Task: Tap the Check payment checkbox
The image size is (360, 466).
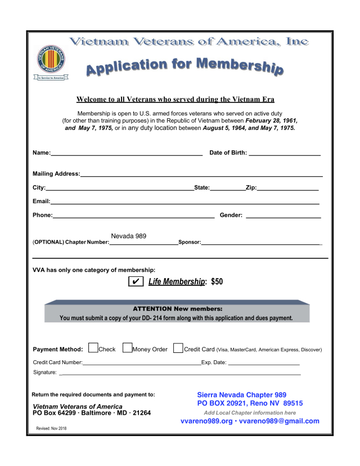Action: pyautogui.click(x=93, y=348)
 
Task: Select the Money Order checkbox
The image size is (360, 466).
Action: pyautogui.click(x=127, y=348)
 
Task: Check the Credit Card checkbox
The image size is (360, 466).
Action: pyautogui.click(x=178, y=348)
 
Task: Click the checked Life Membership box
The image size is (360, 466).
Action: pyautogui.click(x=136, y=281)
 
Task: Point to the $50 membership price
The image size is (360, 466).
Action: pyautogui.click(x=217, y=281)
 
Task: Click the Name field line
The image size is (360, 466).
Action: pyautogui.click(x=127, y=153)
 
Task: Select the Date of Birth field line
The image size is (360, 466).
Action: pyautogui.click(x=284, y=153)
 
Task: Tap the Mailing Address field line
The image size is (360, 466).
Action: pyautogui.click(x=201, y=175)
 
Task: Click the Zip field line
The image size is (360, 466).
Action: pyautogui.click(x=288, y=189)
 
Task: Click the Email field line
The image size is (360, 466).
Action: pyautogui.click(x=185, y=202)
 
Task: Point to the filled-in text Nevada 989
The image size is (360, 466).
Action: pyautogui.click(x=129, y=236)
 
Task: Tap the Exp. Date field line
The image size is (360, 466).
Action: pyautogui.click(x=263, y=364)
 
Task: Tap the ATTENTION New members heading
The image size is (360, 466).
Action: pyautogui.click(x=177, y=309)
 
